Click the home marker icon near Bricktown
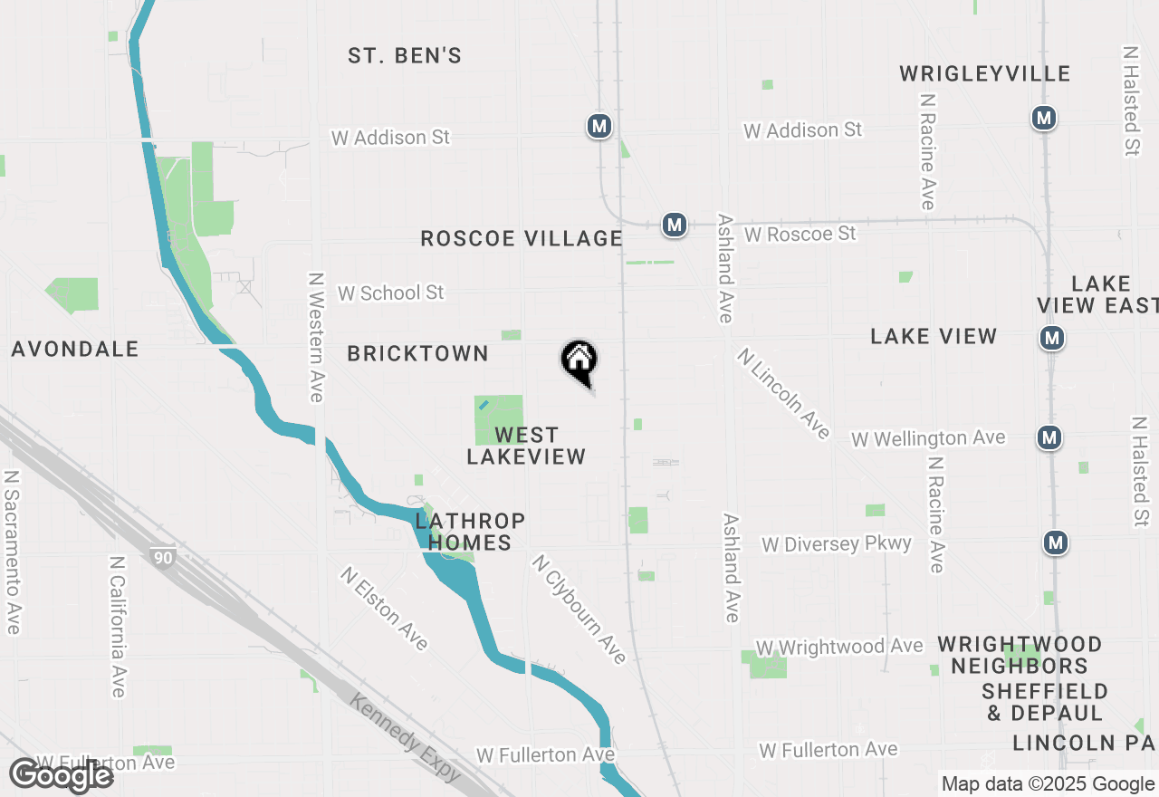579,360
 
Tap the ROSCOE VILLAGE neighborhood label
522,239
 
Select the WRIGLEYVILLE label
985,74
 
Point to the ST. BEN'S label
405,56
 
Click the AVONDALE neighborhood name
75,350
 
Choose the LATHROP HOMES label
470,533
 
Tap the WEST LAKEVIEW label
526,447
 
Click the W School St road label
391,293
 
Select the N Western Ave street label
316,338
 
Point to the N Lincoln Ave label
783,394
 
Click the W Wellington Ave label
928,439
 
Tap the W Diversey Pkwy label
837,544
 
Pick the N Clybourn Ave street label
579,610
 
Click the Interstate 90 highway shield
163,559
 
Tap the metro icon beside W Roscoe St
674,225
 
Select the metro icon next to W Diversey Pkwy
1056,543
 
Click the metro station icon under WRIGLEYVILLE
1044,118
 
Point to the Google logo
62,776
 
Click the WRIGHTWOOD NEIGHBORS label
1019,656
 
